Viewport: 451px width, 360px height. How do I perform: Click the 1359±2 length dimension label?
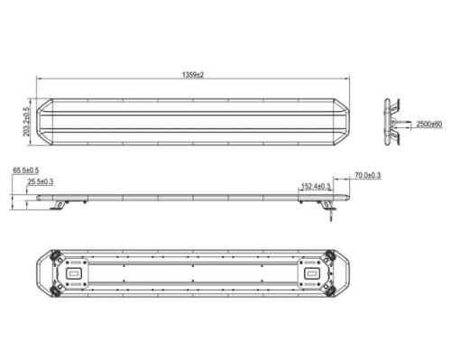pos(193,75)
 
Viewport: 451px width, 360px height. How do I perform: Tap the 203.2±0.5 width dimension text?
pos(27,122)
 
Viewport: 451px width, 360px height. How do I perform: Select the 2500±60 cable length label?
pos(429,124)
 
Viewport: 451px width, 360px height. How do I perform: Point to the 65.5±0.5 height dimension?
pos(26,171)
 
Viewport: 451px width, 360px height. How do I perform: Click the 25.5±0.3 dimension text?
pos(41,181)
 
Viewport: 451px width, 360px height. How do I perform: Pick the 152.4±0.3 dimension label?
pos(316,186)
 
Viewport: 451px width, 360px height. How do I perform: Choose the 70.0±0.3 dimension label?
pos(368,175)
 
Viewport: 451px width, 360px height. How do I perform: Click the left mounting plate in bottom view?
pos(76,273)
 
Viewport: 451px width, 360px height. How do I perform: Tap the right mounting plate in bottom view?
pos(310,273)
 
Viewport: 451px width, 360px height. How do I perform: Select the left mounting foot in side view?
pos(60,205)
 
